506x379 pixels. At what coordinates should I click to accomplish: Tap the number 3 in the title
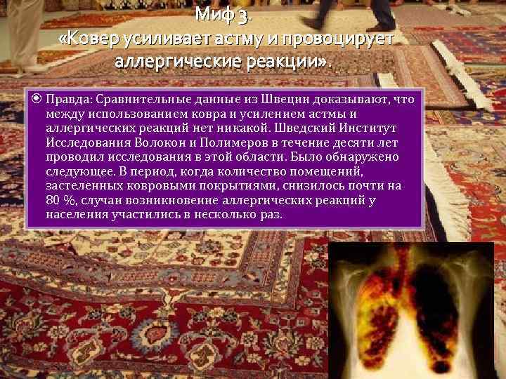coord(243,14)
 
